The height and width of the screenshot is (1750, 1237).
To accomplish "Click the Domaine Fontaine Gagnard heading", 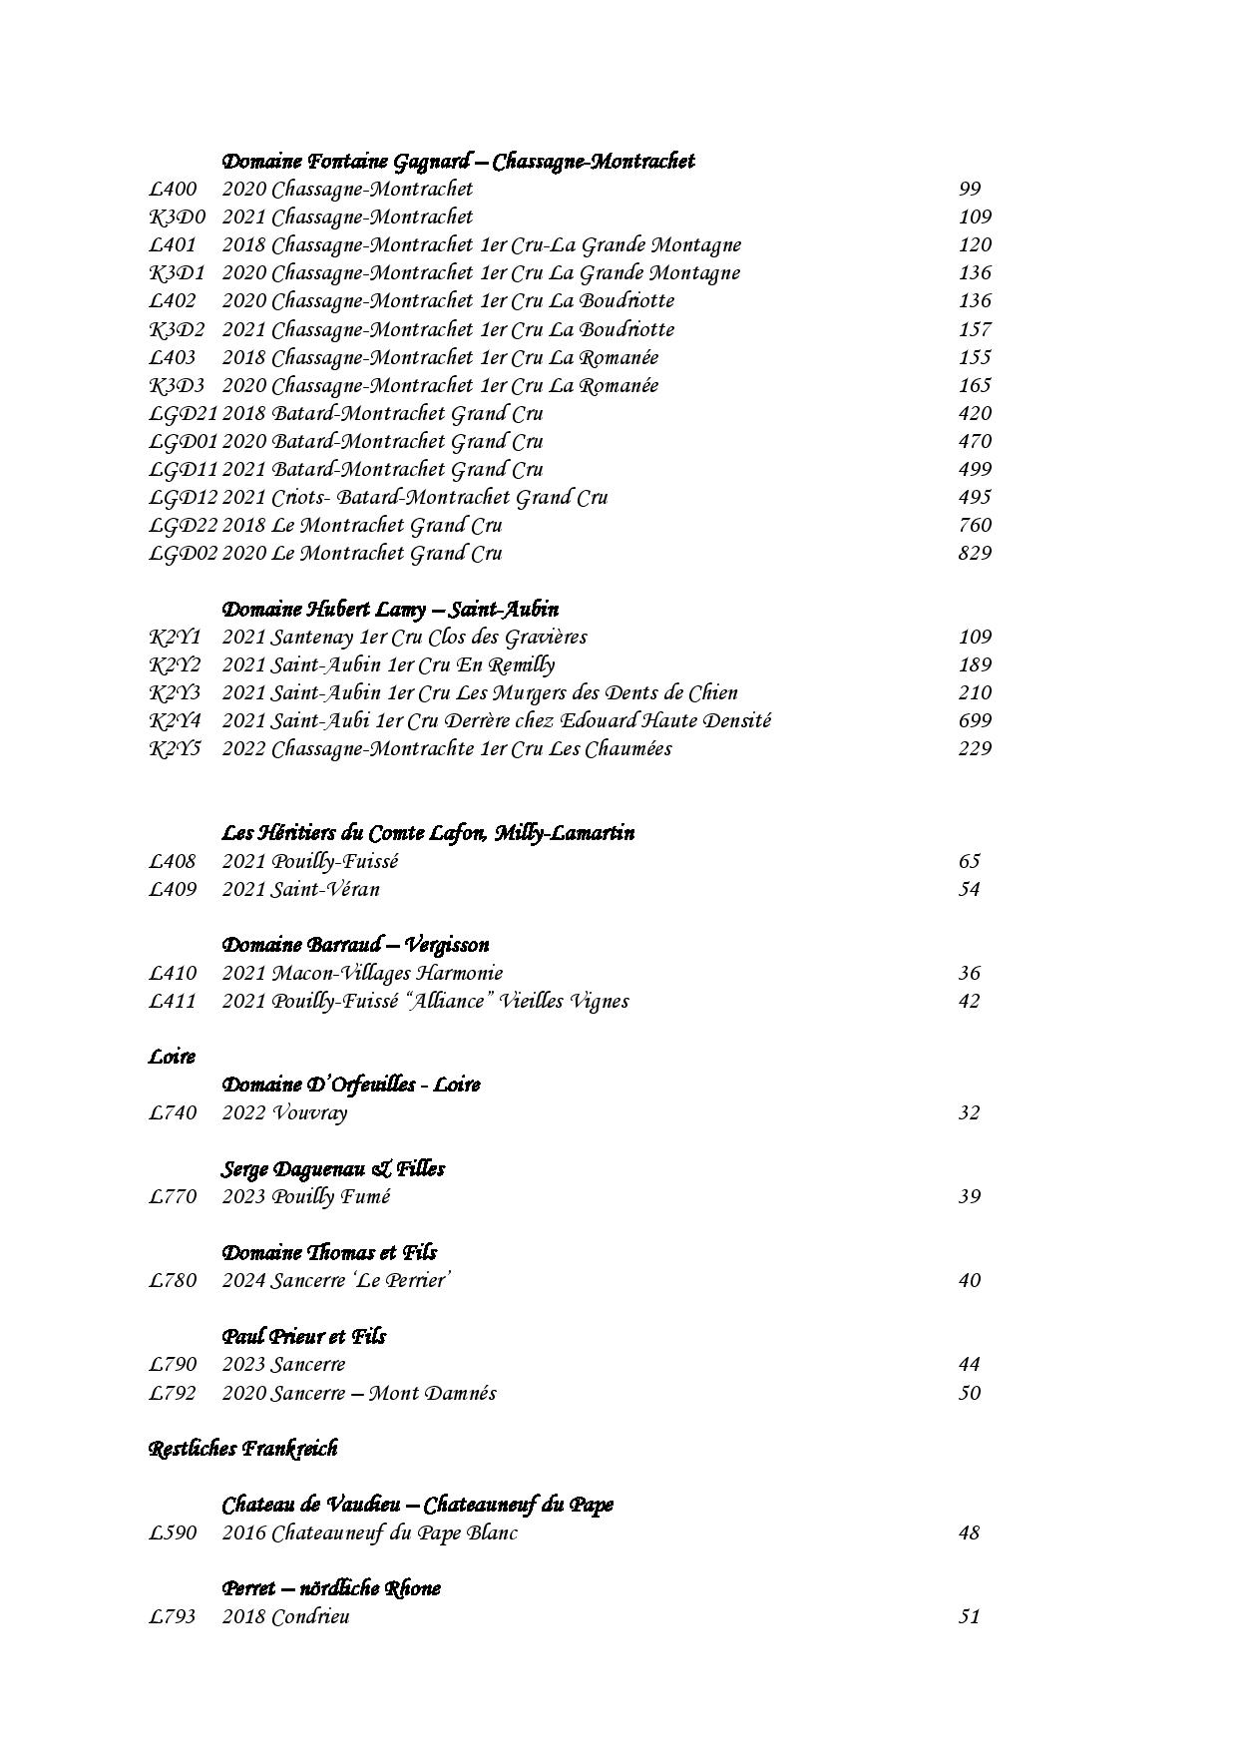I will [x=458, y=161].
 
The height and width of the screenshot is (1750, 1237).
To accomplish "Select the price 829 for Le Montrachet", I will [x=974, y=553].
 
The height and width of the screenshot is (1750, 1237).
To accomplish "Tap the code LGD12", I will [x=183, y=497].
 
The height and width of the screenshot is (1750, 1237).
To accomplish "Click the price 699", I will [x=974, y=720].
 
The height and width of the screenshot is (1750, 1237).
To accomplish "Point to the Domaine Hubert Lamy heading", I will [x=389, y=609].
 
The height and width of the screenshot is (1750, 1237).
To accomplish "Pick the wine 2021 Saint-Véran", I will [x=300, y=889].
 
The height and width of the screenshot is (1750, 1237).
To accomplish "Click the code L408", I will [x=173, y=861].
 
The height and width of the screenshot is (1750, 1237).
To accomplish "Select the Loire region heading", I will [x=172, y=1057].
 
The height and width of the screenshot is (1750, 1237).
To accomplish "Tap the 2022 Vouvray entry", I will [x=284, y=1112].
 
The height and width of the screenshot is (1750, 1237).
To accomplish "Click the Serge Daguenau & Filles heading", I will [x=332, y=1168].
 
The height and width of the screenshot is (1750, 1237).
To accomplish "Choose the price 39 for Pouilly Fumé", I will [x=970, y=1196].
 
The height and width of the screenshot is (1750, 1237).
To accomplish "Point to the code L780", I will [x=173, y=1280].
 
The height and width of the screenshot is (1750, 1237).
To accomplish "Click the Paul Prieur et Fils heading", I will [x=303, y=1336].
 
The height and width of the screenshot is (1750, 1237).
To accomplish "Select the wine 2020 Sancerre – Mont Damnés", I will [x=358, y=1393].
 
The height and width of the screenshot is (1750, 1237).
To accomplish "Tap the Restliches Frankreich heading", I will [x=242, y=1449].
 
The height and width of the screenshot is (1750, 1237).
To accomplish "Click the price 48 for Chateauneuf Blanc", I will [x=970, y=1532].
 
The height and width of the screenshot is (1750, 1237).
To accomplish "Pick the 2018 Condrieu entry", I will [x=285, y=1616].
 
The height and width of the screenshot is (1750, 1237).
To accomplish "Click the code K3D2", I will [x=177, y=329].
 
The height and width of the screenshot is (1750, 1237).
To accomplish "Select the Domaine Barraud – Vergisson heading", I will [x=355, y=945].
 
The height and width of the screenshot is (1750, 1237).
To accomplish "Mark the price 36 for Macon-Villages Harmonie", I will [x=970, y=973].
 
